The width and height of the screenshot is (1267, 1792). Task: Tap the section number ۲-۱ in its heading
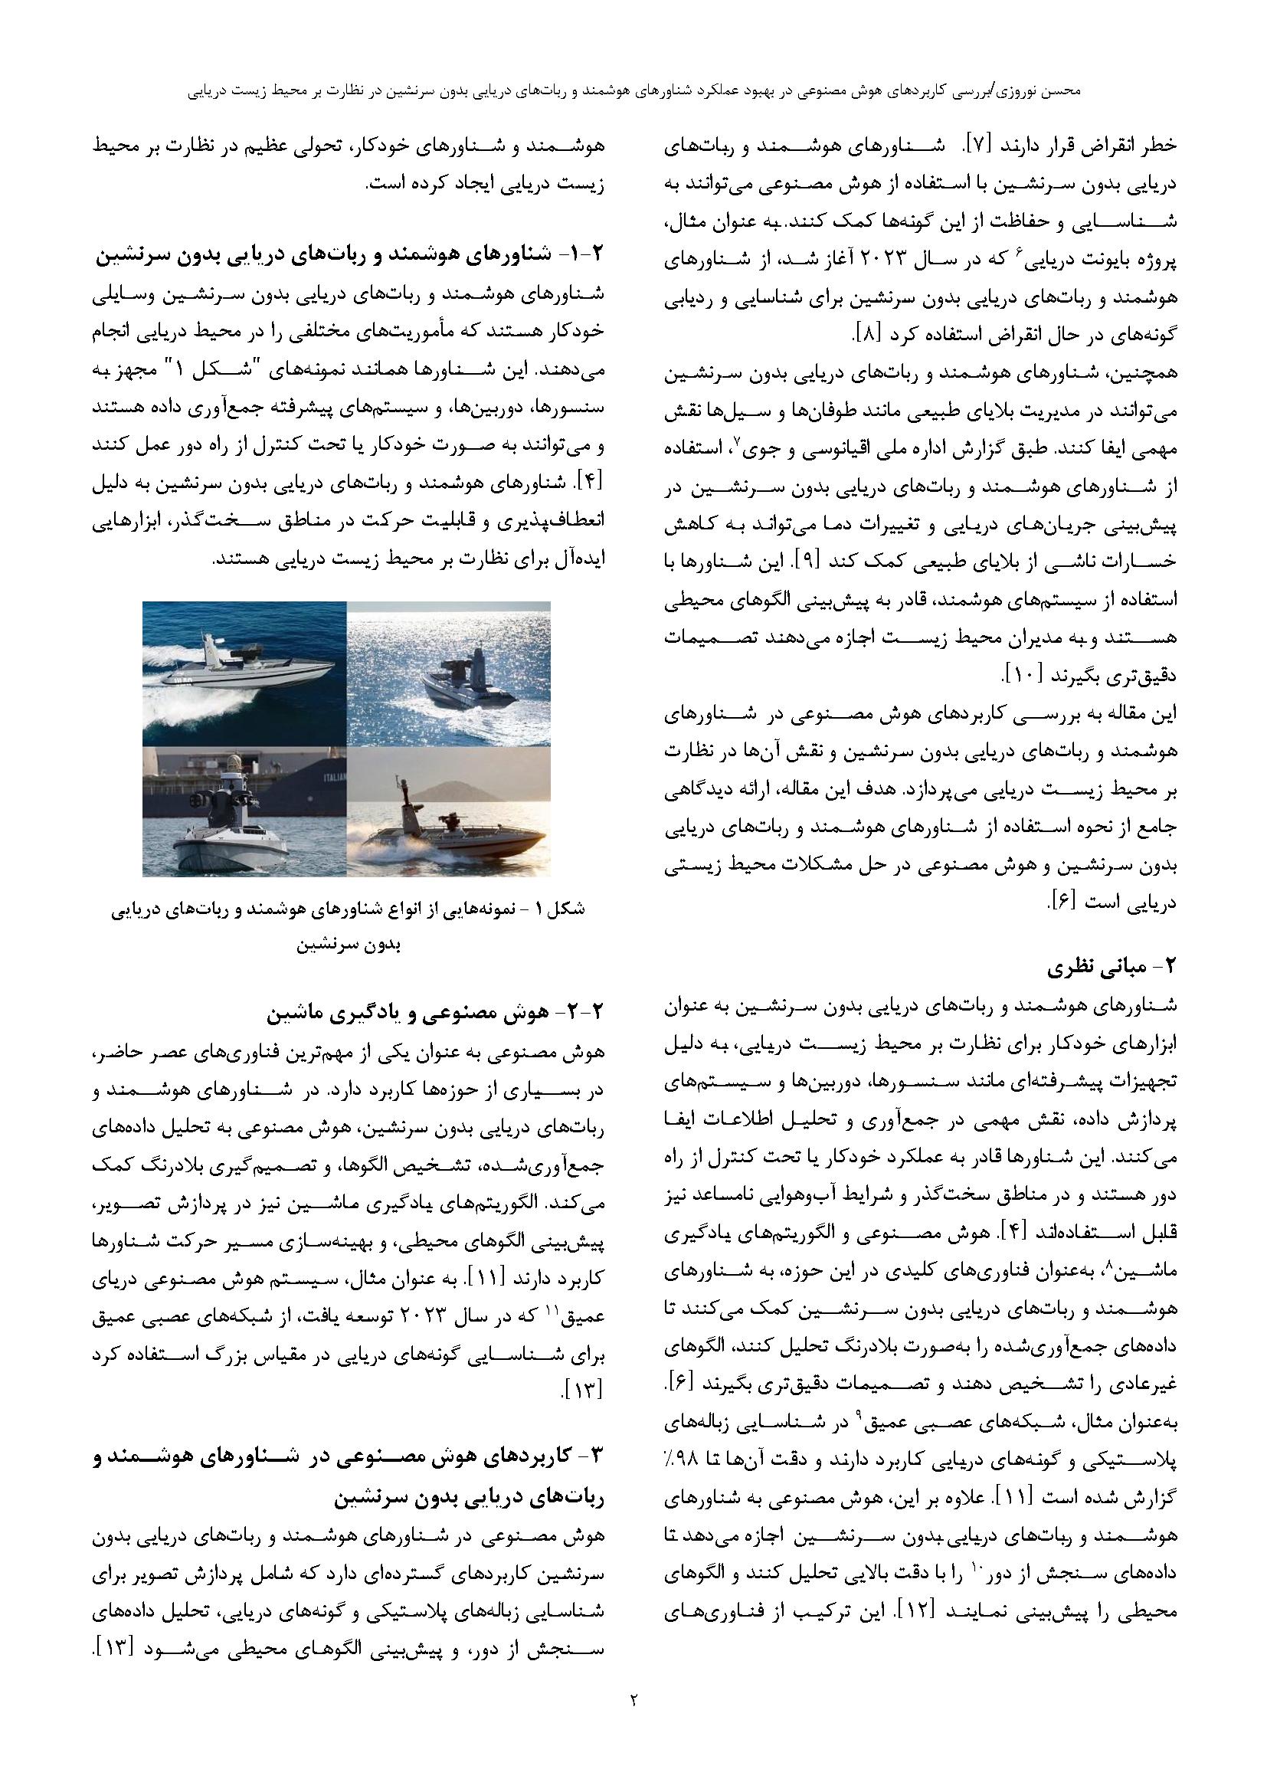click(x=584, y=254)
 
